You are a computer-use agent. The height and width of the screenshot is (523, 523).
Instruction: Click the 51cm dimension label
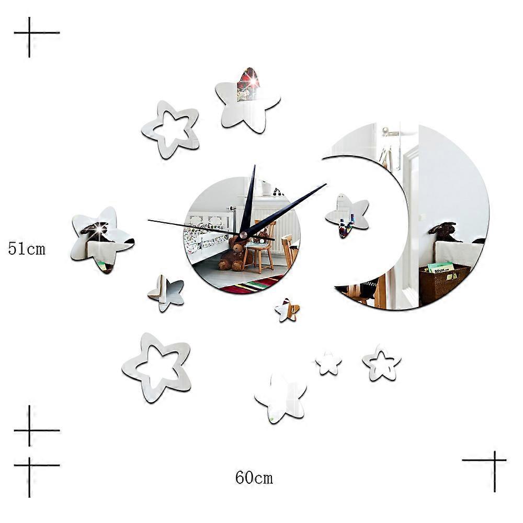27,249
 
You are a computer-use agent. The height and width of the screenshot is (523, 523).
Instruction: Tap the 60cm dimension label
254,477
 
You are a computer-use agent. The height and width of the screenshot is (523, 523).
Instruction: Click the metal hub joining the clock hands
243,235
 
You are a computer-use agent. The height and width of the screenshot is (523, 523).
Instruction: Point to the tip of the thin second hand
149,220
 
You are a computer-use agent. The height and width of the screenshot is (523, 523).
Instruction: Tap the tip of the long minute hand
325,184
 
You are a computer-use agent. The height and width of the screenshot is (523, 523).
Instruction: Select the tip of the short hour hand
254,167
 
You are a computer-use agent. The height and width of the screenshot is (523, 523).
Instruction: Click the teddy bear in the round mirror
232,254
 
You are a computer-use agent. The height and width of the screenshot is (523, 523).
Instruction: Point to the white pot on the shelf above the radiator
266,188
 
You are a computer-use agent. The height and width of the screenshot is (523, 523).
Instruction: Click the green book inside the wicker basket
440,268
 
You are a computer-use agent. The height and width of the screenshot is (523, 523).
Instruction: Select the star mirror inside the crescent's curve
347,214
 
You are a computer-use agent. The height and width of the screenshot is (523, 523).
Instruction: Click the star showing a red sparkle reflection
247,99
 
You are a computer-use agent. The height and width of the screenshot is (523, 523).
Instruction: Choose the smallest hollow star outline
381,362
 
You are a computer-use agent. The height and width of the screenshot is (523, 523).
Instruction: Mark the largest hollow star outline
156,367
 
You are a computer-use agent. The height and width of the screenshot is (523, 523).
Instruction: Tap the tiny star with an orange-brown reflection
288,310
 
